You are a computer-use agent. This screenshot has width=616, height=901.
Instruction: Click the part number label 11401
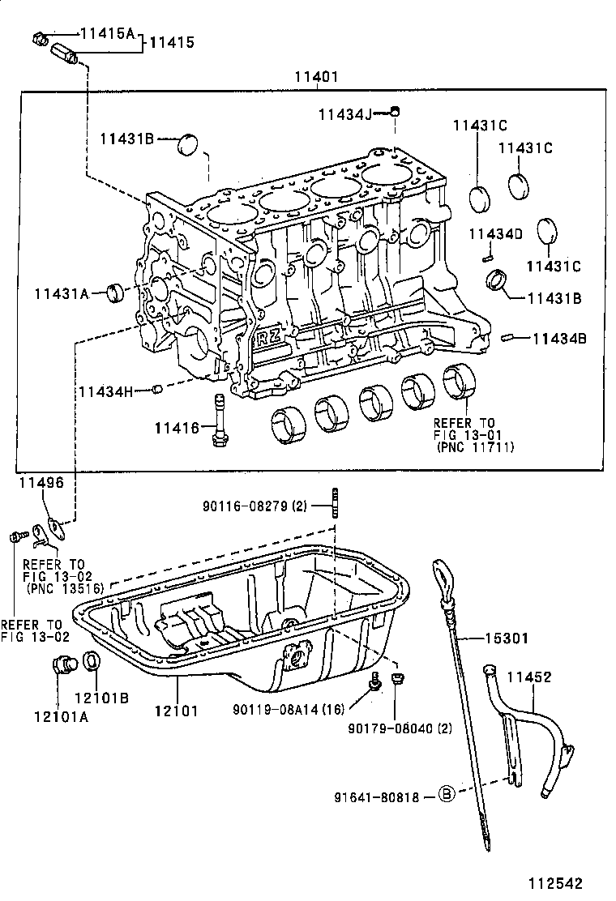[316, 77]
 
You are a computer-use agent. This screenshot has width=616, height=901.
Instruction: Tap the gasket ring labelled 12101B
[92, 661]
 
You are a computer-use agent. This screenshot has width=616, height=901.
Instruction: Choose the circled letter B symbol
[447, 796]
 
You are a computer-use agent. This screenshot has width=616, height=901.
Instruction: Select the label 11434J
[344, 114]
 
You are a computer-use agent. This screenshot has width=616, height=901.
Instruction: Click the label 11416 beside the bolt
[177, 426]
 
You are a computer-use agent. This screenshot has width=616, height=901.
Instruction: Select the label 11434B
[559, 339]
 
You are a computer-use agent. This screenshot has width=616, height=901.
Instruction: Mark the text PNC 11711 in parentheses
[475, 446]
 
